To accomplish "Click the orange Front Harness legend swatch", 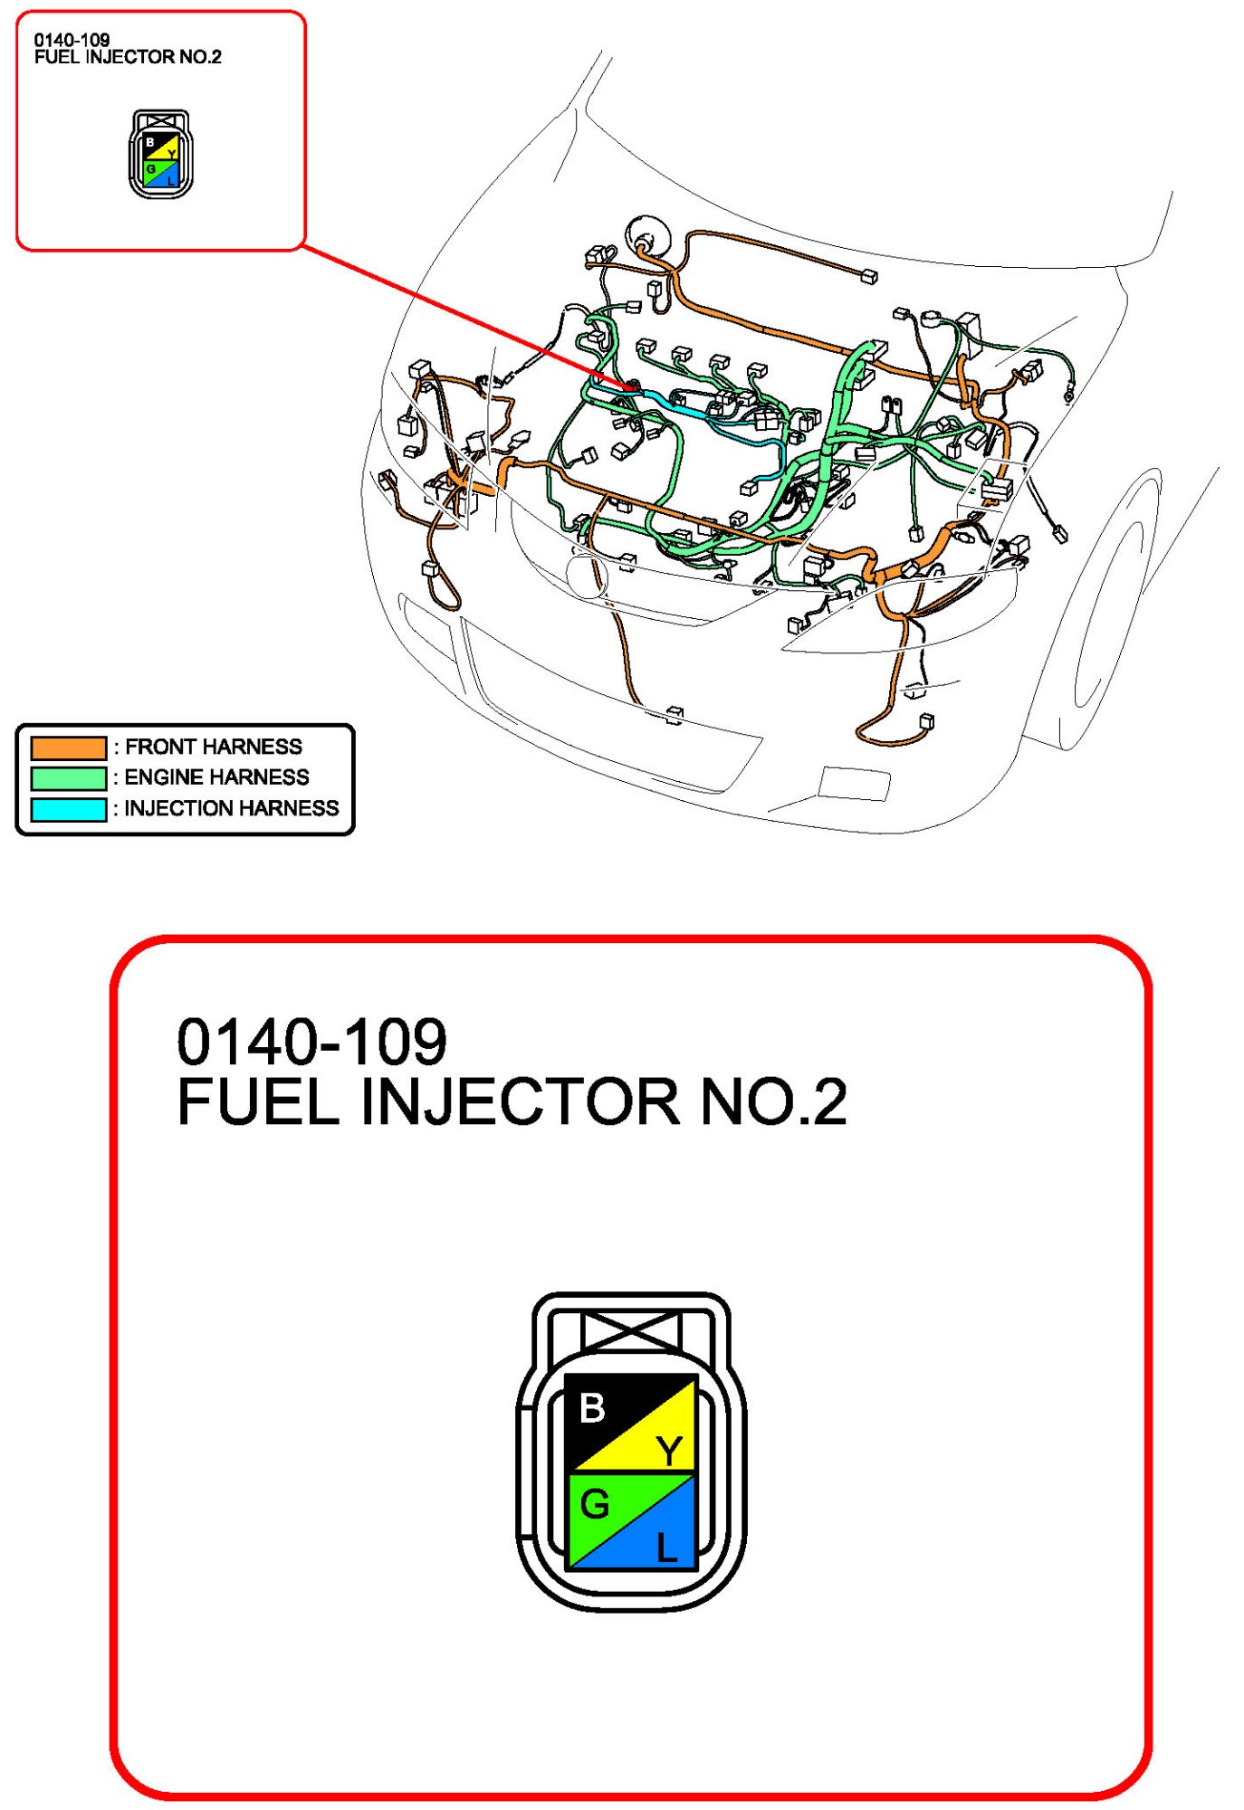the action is [69, 748].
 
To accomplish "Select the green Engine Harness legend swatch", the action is [69, 778].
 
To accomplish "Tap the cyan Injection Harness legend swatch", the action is [69, 809].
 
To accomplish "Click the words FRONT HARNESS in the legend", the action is [214, 747].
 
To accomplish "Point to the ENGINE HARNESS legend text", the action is [216, 777].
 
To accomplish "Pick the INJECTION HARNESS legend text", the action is [232, 808].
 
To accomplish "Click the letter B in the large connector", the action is [592, 1408].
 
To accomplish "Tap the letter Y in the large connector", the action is [670, 1451].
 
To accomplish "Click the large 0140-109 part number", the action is [311, 1042].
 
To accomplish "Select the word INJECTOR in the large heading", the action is [519, 1102].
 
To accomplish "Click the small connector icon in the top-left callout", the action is [160, 154].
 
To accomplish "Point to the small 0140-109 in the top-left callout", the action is [72, 40].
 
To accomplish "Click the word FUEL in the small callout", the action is [55, 57].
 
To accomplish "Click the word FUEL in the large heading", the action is [258, 1102].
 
